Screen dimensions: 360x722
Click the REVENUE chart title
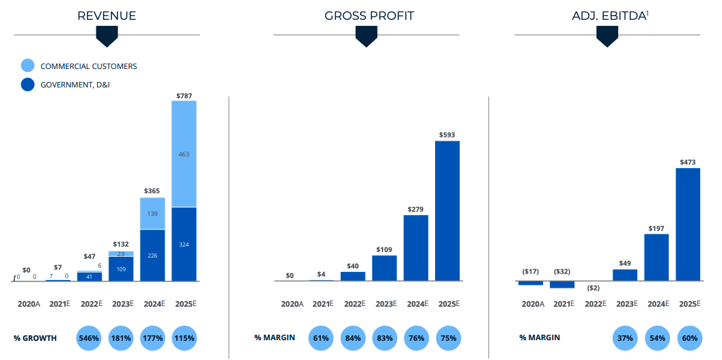[107, 16]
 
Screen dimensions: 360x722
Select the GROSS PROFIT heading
[369, 16]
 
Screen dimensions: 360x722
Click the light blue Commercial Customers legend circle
[27, 66]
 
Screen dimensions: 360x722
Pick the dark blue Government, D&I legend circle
[27, 85]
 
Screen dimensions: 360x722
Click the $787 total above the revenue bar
[184, 96]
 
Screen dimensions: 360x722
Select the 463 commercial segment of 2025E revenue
[184, 154]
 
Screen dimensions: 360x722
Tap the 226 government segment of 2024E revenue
[152, 255]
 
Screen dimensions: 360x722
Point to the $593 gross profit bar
[447, 210]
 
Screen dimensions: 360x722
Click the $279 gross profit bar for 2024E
[416, 247]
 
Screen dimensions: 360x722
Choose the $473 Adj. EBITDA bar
[688, 224]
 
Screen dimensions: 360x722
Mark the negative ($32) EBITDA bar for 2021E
[562, 284]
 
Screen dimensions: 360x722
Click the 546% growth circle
[89, 338]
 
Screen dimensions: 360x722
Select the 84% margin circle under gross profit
[353, 338]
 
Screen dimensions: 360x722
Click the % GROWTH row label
[35, 338]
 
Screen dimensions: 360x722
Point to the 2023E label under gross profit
[385, 304]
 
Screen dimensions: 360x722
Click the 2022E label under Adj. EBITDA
[594, 304]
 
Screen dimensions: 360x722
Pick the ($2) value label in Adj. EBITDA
[594, 288]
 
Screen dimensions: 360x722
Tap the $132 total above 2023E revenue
[121, 244]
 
